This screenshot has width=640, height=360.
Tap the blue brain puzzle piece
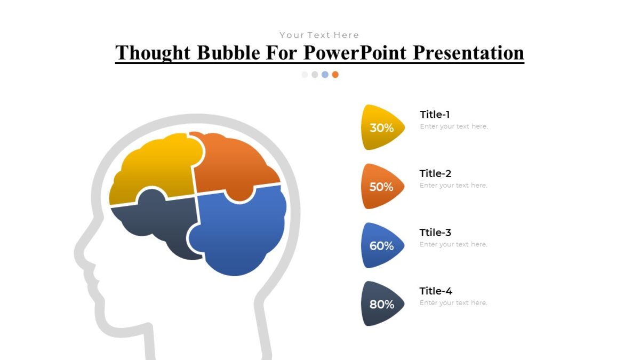[x=240, y=235]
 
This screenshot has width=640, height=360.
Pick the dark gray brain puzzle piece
[x=160, y=224]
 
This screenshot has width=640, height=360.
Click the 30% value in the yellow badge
[x=381, y=128]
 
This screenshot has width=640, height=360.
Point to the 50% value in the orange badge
[x=381, y=187]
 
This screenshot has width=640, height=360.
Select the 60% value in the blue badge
[x=381, y=246]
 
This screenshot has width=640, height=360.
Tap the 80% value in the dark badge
[x=381, y=305]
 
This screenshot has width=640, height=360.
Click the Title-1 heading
[x=435, y=114]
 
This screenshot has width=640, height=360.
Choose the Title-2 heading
[x=435, y=173]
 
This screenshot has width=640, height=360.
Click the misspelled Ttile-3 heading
[x=435, y=233]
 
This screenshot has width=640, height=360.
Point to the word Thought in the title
[x=154, y=53]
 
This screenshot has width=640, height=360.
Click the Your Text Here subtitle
[x=319, y=35]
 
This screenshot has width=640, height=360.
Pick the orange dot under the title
[x=335, y=75]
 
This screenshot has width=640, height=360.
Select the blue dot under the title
[x=325, y=75]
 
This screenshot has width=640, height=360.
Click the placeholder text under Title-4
[x=453, y=303]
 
